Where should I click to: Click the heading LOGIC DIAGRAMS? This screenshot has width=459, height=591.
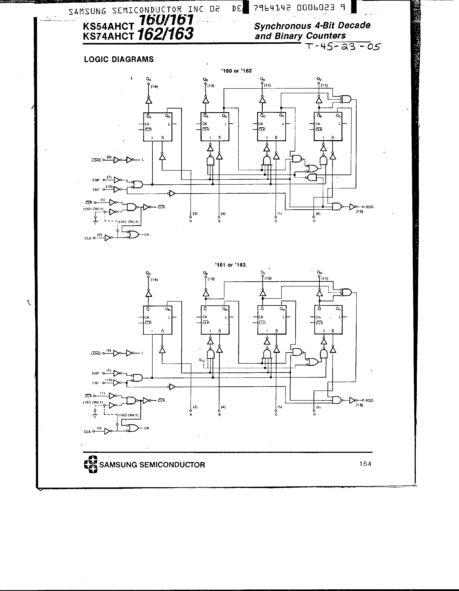[x=119, y=59]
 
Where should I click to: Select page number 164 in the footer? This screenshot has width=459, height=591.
[x=365, y=464]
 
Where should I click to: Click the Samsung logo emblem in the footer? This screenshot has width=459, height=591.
[x=90, y=464]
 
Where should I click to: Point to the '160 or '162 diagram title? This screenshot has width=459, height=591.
[x=236, y=71]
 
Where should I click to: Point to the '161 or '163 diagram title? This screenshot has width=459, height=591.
[x=230, y=265]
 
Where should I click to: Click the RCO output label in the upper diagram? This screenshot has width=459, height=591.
[x=369, y=207]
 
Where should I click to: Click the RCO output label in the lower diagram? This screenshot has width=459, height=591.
[x=369, y=401]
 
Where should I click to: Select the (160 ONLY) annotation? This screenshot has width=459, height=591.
[x=93, y=209]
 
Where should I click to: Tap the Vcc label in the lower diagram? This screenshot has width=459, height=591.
[x=202, y=360]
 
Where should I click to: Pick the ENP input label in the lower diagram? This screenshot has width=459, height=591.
[x=95, y=374]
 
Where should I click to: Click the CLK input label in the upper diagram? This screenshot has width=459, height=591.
[x=88, y=238]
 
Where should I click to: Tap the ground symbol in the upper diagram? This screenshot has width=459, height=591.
[x=95, y=222]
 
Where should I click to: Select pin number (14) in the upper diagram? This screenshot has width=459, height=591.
[x=154, y=87]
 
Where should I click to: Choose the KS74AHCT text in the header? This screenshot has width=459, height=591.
[x=108, y=36]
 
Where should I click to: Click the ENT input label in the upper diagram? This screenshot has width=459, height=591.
[x=96, y=190]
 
